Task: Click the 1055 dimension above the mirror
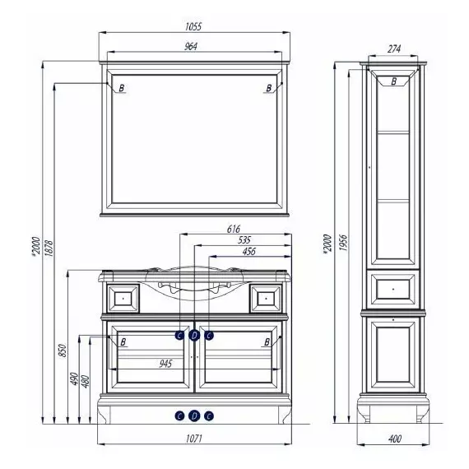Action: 193,26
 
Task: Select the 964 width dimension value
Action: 191,46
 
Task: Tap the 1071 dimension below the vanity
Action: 194,439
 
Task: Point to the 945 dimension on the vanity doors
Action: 165,364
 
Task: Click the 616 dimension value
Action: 234,229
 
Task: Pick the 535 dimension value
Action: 244,240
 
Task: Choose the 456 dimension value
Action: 248,252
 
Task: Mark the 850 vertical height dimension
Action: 63,351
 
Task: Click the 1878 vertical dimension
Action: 49,248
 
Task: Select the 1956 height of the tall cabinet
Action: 343,243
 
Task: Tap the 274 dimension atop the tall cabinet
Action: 394,49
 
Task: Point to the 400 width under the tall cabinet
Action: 395,439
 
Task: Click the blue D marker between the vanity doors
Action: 194,336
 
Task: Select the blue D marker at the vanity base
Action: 194,416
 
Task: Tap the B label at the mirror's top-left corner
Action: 122,88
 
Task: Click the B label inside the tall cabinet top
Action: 394,81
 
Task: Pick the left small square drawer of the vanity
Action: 123,298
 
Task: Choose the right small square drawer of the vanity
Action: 266,298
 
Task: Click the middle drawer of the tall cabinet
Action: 393,290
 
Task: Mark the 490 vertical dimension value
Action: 74,378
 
